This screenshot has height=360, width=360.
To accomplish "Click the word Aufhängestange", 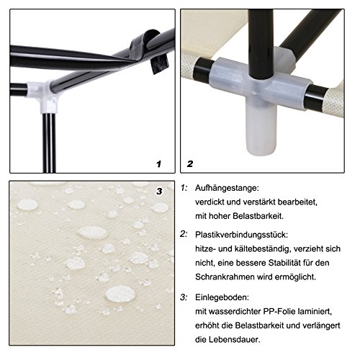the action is (x=227, y=188).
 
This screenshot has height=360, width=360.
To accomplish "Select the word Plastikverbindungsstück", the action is (x=241, y=235).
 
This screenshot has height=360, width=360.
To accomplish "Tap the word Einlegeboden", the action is (x=222, y=297).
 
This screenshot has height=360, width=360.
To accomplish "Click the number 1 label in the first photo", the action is (x=158, y=164).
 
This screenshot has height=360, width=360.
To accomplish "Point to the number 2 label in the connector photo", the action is (x=190, y=164).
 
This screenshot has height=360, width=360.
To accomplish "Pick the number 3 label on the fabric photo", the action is (x=159, y=192).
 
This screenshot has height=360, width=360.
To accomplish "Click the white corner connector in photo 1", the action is (x=45, y=94).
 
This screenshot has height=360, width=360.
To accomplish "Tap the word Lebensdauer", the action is (x=234, y=340).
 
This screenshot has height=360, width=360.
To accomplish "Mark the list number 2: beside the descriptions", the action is (x=184, y=234).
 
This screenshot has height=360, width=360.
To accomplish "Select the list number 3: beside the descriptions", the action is (x=184, y=297).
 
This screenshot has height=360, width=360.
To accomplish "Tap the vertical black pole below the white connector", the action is (x=49, y=143).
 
